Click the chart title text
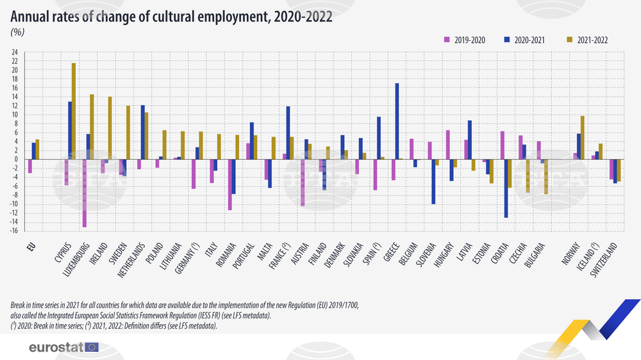click(x=171, y=17)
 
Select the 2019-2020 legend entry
click(x=465, y=40)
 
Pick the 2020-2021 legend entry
click(x=525, y=40)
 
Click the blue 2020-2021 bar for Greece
click(x=397, y=121)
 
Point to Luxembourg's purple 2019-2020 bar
click(x=85, y=193)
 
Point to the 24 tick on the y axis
click(x=15, y=53)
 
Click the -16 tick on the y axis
click(x=14, y=231)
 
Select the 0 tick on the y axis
click(x=17, y=160)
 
